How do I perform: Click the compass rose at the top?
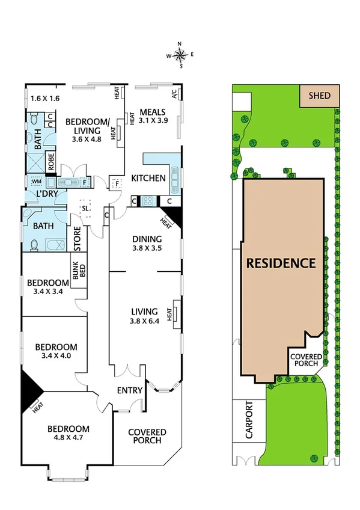coord(180,55)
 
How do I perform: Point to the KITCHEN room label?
coord(148,178)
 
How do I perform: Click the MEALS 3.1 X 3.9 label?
coord(152,116)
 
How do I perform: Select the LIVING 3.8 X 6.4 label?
coord(144,316)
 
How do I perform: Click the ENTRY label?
coord(130,390)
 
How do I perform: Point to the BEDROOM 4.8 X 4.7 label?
coord(69,433)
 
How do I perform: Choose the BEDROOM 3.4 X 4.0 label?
coord(56,351)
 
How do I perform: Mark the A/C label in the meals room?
coord(174,95)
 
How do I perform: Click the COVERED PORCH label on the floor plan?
coord(147,436)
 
